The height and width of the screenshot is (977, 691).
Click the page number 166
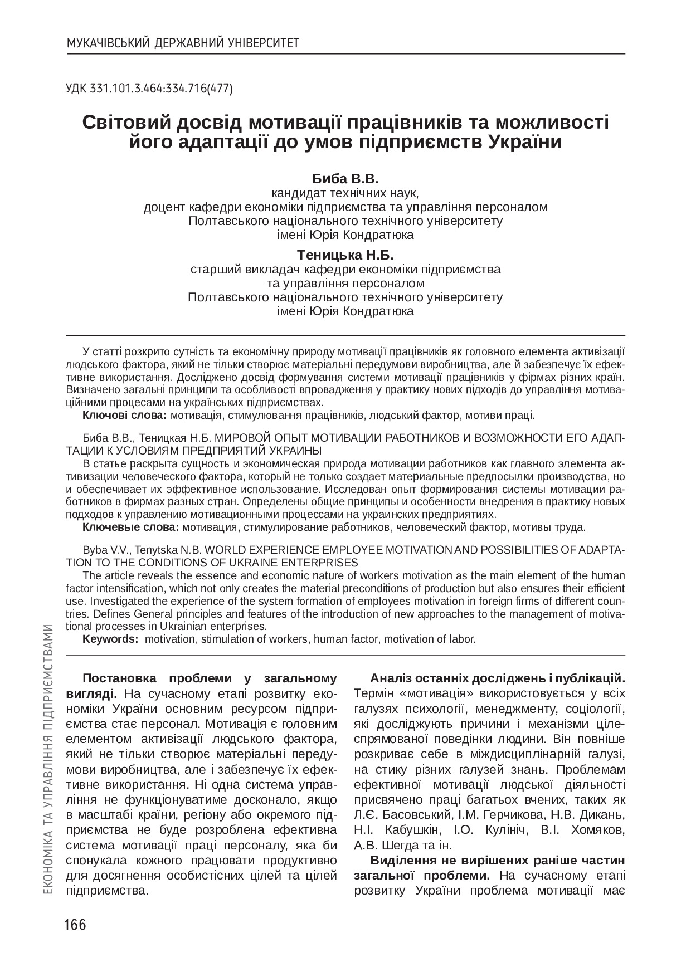(x=75, y=925)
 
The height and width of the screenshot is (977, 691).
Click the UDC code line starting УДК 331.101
(x=149, y=88)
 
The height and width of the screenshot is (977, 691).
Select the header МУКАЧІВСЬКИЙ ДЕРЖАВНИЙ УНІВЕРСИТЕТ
(x=183, y=43)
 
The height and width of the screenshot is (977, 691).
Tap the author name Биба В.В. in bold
(x=345, y=179)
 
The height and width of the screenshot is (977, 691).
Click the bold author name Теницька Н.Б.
(x=345, y=255)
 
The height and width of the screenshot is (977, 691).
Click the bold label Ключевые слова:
(x=130, y=527)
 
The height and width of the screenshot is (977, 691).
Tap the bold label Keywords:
(x=110, y=639)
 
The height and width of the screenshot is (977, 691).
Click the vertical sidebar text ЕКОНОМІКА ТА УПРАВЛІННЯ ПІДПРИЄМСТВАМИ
(x=48, y=763)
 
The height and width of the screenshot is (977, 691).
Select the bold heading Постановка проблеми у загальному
(x=210, y=678)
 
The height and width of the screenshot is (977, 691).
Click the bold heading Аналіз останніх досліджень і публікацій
(x=497, y=678)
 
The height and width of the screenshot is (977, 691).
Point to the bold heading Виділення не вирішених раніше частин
(x=497, y=860)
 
